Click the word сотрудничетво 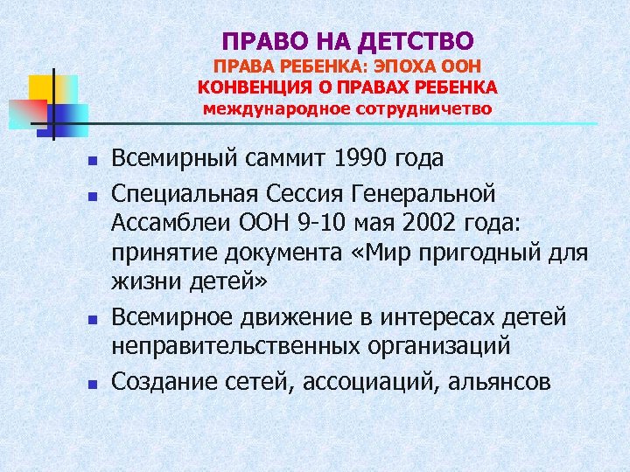pos(424,109)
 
